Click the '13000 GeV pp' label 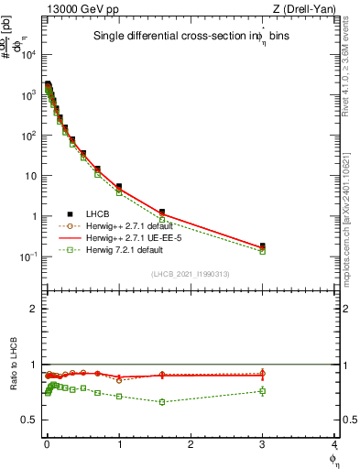[x=75, y=9]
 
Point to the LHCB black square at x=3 [x=263, y=245]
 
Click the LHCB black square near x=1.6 [x=162, y=213]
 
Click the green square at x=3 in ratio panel [x=263, y=391]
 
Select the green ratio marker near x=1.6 [x=162, y=402]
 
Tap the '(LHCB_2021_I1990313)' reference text [x=190, y=274]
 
